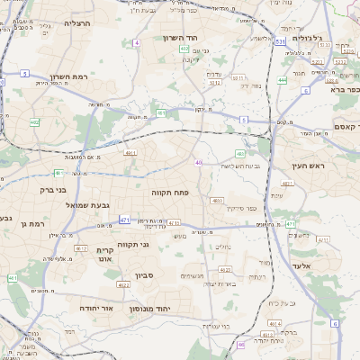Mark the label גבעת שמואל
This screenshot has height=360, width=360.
point(88,205)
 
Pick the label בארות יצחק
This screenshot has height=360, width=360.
point(220,283)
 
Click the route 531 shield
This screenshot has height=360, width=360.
point(280,41)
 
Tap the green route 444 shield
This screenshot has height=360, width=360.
point(282,80)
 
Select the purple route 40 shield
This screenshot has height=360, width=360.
point(198,162)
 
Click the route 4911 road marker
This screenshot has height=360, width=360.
point(130,154)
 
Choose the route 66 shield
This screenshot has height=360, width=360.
point(241,344)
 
